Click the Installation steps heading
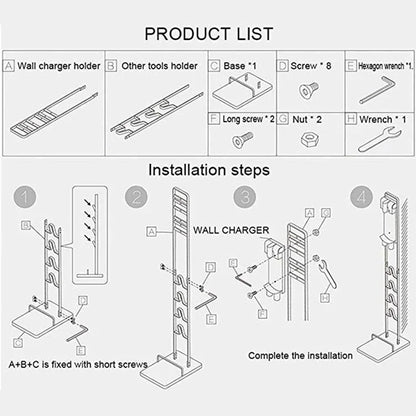click(x=207, y=169)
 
